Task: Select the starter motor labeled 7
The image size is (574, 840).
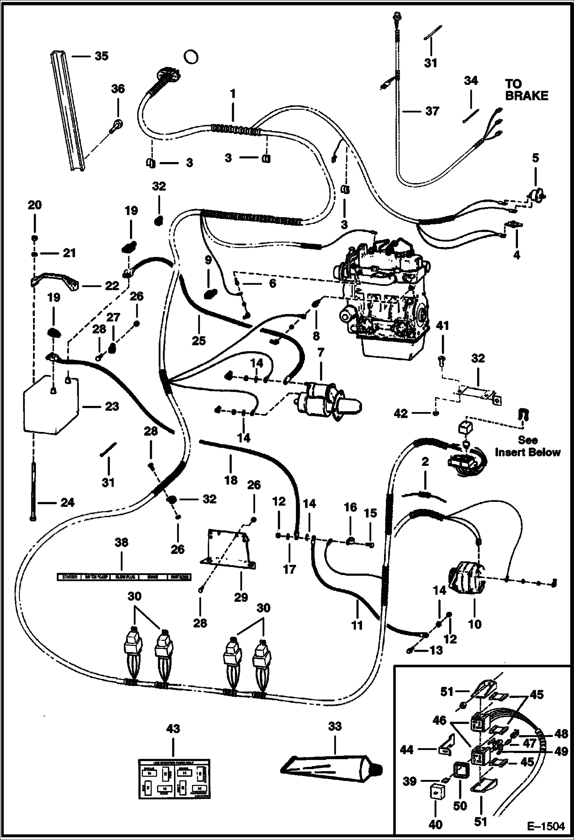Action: pyautogui.click(x=326, y=402)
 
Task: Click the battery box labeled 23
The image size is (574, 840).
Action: pyautogui.click(x=50, y=406)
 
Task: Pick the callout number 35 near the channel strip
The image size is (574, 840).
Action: pyautogui.click(x=102, y=56)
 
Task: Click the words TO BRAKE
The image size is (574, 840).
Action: pyautogui.click(x=526, y=90)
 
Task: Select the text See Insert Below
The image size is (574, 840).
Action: pyautogui.click(x=527, y=446)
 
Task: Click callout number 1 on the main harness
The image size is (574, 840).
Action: pyautogui.click(x=233, y=94)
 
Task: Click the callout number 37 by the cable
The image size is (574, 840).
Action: pyautogui.click(x=432, y=111)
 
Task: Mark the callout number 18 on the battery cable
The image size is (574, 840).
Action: pyautogui.click(x=231, y=480)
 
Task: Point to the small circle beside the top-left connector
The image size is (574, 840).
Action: pyautogui.click(x=191, y=57)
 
